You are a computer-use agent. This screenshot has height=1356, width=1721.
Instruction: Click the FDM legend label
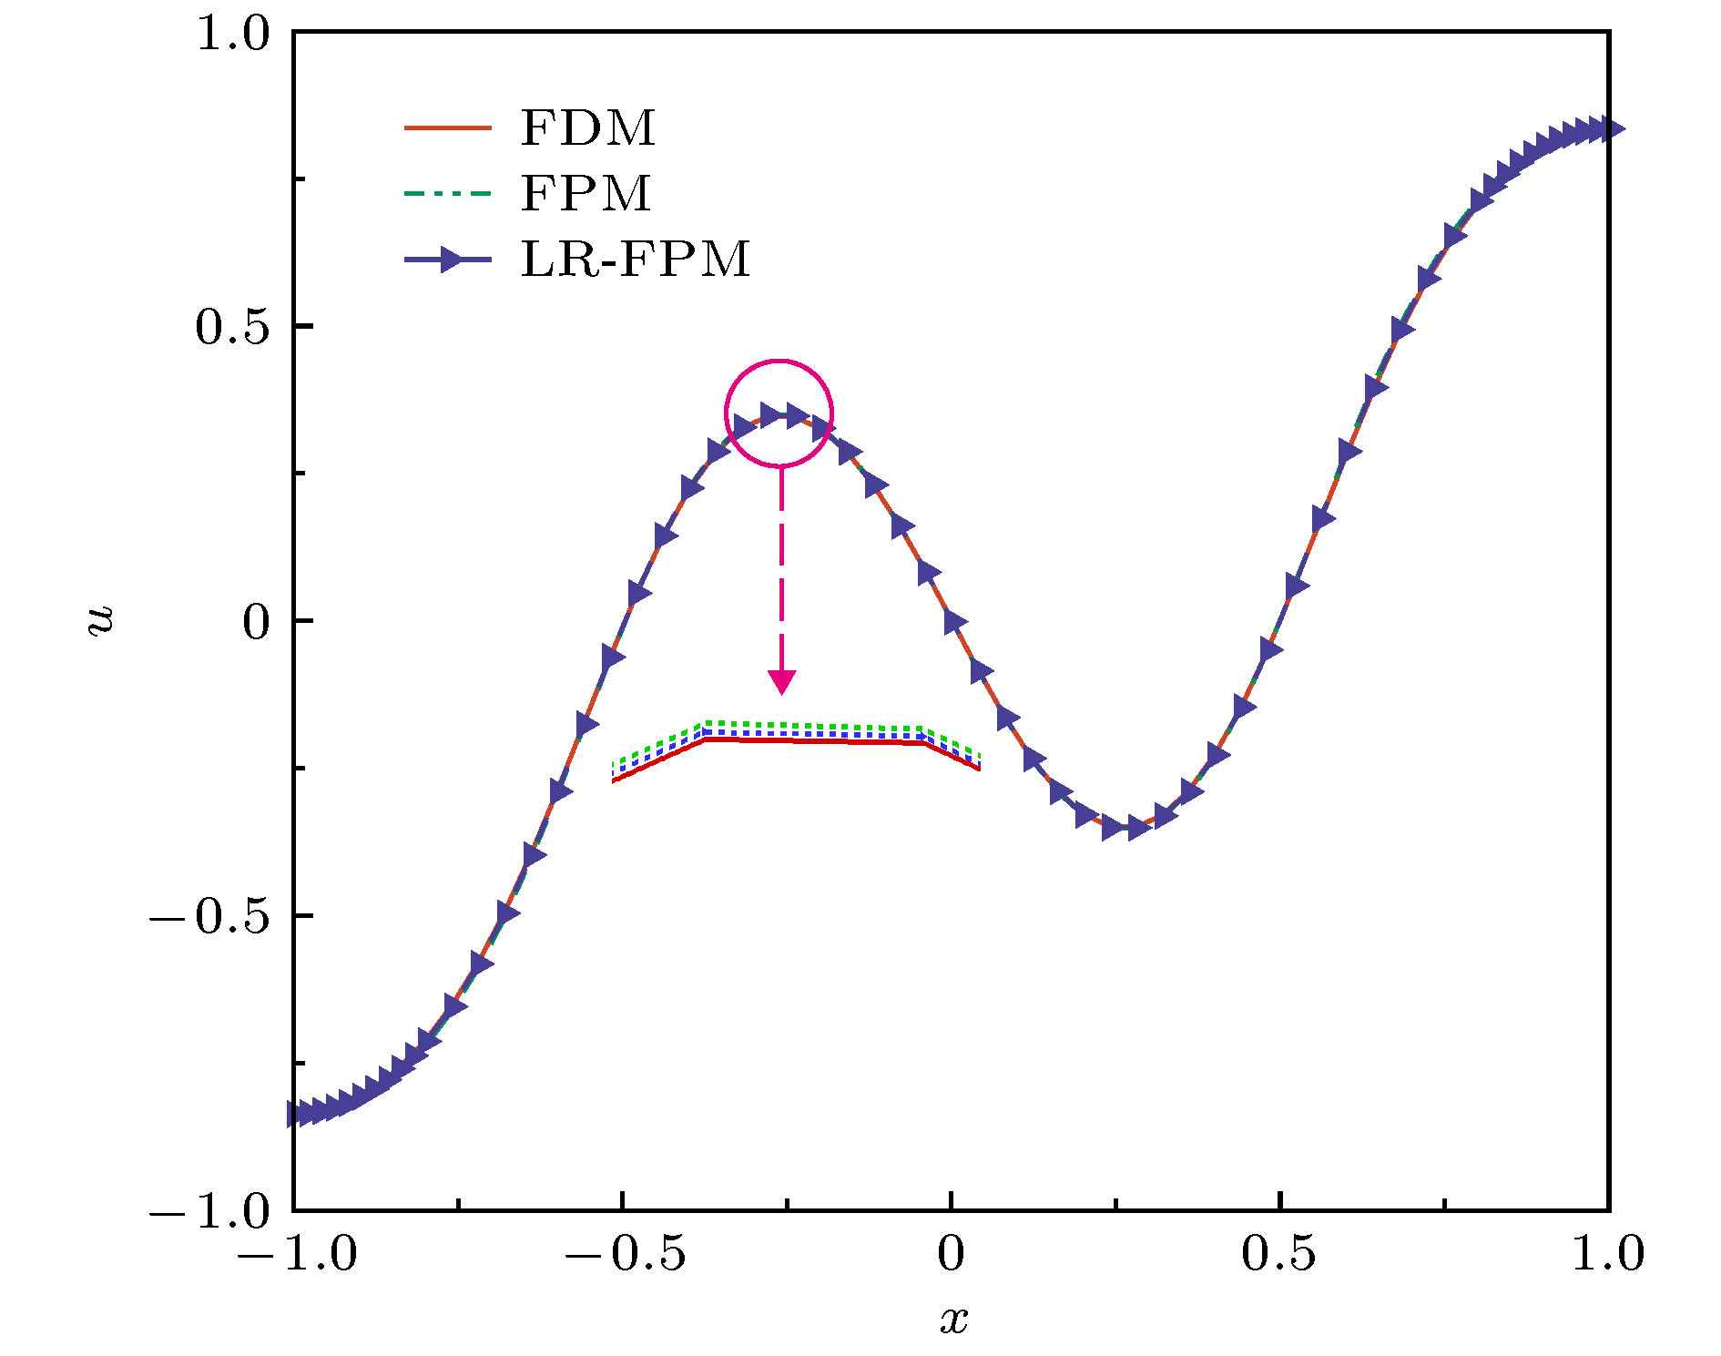(587, 127)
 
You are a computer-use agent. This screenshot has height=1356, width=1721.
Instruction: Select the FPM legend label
(586, 193)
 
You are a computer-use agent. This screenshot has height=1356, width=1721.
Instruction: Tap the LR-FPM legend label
(635, 260)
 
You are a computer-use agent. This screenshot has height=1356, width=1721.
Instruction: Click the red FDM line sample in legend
(447, 127)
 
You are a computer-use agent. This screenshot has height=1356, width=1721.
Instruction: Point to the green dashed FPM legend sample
(447, 193)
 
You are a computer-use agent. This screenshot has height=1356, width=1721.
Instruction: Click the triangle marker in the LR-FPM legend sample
(452, 260)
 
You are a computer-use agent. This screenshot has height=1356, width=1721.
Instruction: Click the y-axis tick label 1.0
(233, 35)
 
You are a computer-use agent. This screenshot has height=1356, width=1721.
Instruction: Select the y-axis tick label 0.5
(233, 327)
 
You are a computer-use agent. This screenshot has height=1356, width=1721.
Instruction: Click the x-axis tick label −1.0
(297, 1254)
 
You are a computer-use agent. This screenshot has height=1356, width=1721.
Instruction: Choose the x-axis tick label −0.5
(625, 1254)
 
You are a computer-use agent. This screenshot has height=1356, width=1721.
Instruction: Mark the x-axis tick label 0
(951, 1254)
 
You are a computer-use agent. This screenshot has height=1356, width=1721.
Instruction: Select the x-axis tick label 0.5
(1278, 1254)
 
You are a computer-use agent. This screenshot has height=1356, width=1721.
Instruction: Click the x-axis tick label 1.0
(1608, 1254)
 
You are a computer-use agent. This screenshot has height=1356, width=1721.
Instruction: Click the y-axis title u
(100, 620)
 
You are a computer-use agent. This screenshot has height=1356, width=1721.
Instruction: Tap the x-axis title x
(953, 1319)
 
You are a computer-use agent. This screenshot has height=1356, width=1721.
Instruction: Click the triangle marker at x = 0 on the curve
(954, 622)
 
